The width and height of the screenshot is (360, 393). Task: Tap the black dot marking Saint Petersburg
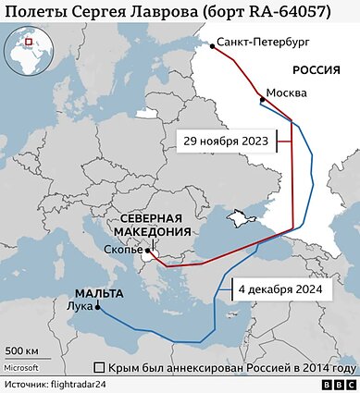click(211, 43)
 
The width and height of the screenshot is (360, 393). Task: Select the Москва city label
click(286, 93)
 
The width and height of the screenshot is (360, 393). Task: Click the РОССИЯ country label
click(320, 70)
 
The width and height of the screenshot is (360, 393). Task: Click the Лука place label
click(81, 304)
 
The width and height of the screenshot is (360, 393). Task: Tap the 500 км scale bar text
click(21, 351)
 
